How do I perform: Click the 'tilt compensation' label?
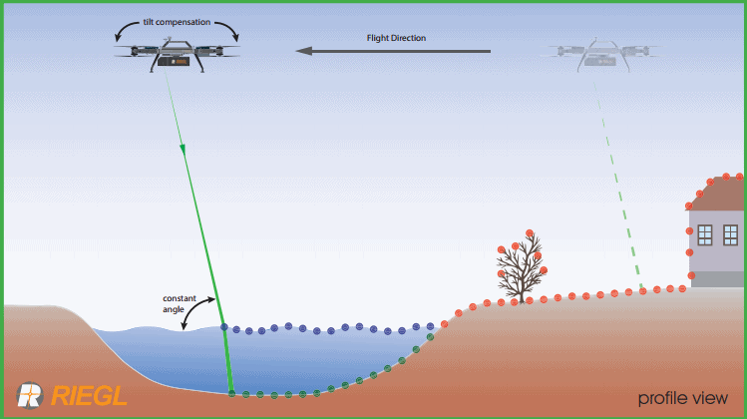[177, 19]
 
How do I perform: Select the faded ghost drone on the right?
[597, 54]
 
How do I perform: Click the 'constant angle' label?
[181, 302]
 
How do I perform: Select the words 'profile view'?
[683, 398]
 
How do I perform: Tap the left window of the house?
[705, 234]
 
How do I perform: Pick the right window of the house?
[731, 234]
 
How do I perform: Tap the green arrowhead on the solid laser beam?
[184, 149]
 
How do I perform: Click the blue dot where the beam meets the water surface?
[223, 326]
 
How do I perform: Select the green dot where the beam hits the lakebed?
[231, 394]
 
